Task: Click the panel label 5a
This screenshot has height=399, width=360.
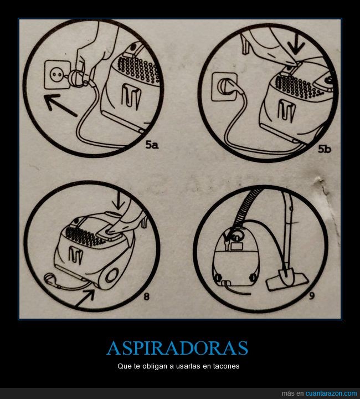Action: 152,145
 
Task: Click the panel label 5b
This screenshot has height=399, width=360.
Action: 325,149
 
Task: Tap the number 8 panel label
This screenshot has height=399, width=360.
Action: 147,296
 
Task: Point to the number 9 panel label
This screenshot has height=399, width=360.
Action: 312,296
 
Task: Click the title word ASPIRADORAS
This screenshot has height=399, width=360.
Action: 177,348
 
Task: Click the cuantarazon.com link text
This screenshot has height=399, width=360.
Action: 331,393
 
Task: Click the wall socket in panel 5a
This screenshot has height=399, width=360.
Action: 56,74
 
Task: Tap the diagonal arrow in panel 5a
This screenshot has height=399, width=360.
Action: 60,105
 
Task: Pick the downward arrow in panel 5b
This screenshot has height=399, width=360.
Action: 296,45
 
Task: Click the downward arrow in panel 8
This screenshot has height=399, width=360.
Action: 119,201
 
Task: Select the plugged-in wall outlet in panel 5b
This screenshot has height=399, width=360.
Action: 224,86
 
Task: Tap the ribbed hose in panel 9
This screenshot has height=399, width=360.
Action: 245,206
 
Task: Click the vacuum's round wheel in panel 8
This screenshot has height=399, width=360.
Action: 111,275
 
